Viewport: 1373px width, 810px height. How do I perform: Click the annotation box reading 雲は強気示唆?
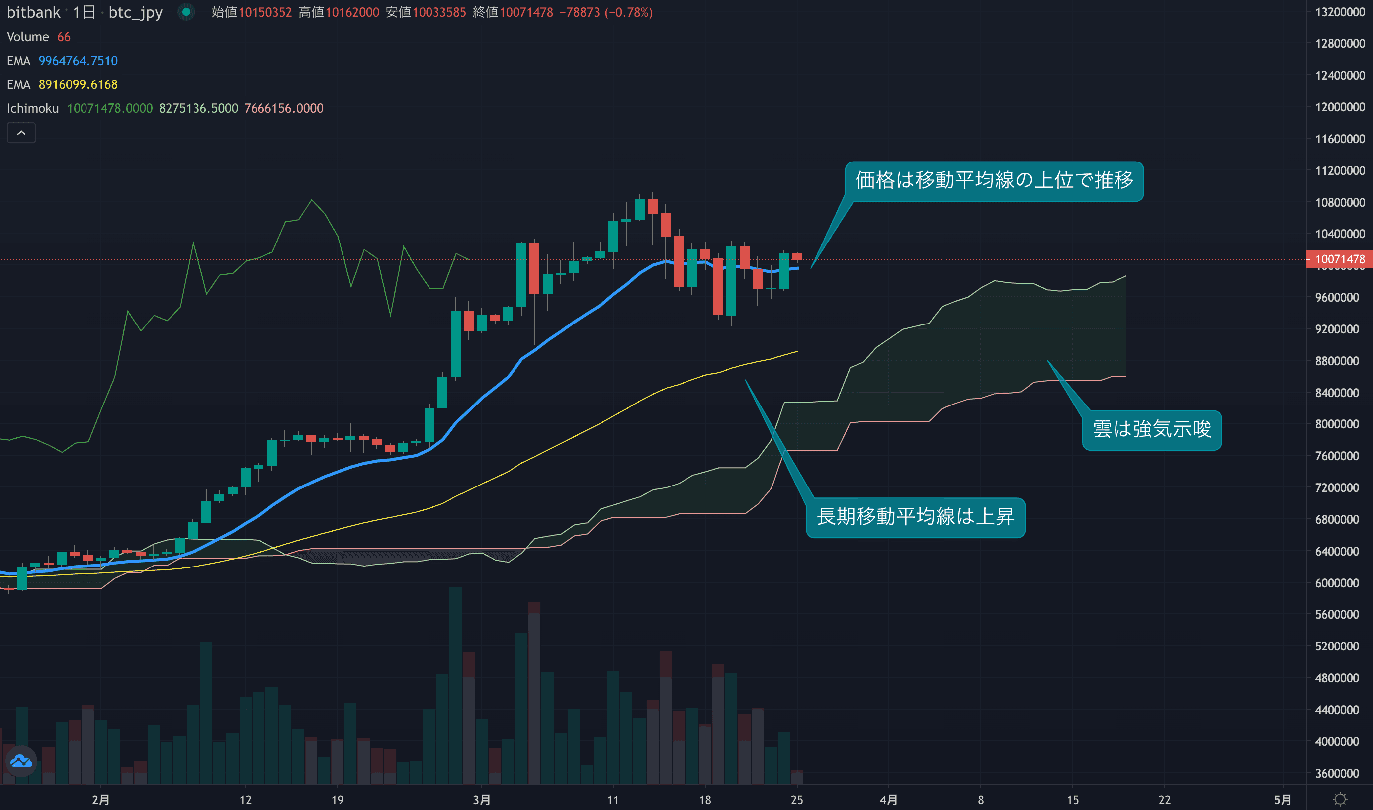(1151, 429)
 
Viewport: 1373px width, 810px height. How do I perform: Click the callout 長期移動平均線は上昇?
(915, 517)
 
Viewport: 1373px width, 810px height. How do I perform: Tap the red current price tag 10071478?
(1339, 259)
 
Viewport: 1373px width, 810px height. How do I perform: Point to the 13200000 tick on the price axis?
(1340, 12)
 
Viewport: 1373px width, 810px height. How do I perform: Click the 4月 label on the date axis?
(888, 800)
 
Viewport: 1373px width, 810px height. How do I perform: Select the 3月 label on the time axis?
(481, 800)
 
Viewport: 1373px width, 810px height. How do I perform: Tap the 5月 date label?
(1283, 800)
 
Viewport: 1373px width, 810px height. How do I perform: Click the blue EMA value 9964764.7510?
(78, 61)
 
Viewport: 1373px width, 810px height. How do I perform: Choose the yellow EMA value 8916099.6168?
(78, 84)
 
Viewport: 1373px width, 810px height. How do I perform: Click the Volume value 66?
(64, 37)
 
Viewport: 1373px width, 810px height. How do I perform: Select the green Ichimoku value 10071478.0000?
(110, 109)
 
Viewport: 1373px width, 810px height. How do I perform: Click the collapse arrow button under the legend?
(21, 133)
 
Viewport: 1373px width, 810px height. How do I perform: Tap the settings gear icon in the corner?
(1340, 800)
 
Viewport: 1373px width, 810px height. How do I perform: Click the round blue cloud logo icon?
(21, 761)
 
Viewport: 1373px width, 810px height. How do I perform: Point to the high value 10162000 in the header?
(352, 12)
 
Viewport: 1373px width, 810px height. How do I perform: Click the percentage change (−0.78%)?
(628, 12)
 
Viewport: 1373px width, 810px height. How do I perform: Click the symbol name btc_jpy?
(135, 12)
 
